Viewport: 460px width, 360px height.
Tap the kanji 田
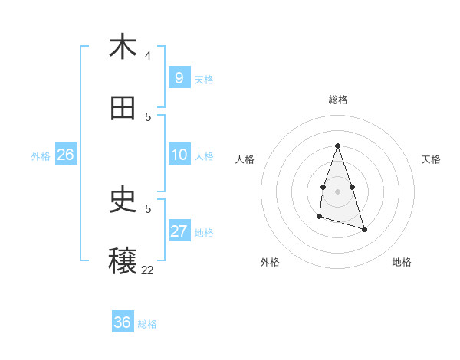pyautogui.click(x=123, y=109)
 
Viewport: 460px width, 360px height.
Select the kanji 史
pyautogui.click(x=123, y=201)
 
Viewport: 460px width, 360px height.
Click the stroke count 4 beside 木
pyautogui.click(x=148, y=55)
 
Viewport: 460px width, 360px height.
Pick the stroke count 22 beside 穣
pyautogui.click(x=147, y=270)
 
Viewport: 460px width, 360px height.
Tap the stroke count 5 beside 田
pyautogui.click(x=148, y=116)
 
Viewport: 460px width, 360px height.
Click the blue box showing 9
pyautogui.click(x=179, y=77)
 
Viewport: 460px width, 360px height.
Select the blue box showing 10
pyautogui.click(x=179, y=155)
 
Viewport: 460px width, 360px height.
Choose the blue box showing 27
pyautogui.click(x=179, y=231)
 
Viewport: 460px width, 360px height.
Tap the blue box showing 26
pyautogui.click(x=65, y=155)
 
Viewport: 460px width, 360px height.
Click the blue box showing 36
pyautogui.click(x=123, y=322)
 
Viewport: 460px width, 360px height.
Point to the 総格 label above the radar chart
pyautogui.click(x=338, y=100)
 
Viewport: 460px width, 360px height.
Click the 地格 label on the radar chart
pyautogui.click(x=402, y=263)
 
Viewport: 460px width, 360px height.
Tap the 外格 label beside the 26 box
pyautogui.click(x=41, y=156)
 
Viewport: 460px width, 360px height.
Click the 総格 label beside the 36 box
pyautogui.click(x=147, y=324)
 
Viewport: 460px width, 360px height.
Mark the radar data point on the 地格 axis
pyautogui.click(x=364, y=229)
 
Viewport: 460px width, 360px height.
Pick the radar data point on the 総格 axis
pyautogui.click(x=337, y=146)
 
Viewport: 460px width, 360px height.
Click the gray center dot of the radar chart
pyautogui.click(x=337, y=191)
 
